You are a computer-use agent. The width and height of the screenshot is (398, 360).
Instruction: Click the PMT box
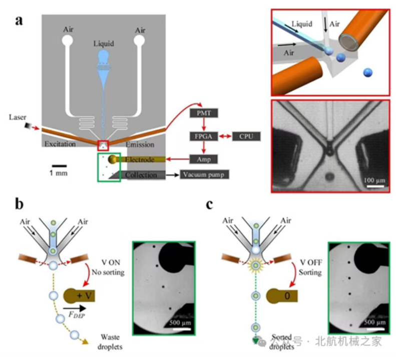pos(203,114)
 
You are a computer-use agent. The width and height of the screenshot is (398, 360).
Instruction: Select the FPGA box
pos(203,136)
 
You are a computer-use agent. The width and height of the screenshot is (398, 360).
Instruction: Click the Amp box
pos(203,159)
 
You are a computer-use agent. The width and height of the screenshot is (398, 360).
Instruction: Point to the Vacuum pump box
pos(205,175)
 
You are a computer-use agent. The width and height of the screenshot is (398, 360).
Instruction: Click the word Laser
pos(17,118)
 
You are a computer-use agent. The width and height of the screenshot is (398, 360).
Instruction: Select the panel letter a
pos(20,21)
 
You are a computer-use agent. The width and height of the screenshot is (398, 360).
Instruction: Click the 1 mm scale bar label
pos(59,173)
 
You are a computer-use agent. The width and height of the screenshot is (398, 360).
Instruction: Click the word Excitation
pos(59,145)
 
